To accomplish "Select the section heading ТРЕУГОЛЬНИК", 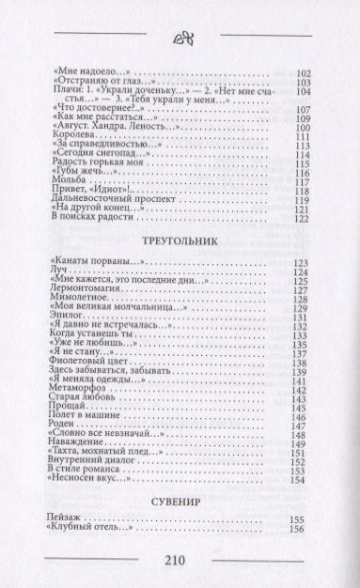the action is tap(180, 240).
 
